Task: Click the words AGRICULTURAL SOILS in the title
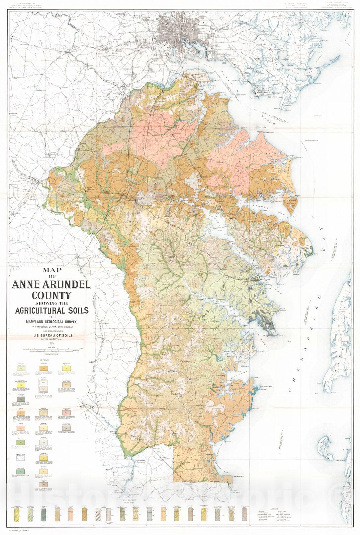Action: click(52, 310)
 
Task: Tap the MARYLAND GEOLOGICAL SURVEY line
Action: click(50, 322)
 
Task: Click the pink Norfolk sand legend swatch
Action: click(21, 428)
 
